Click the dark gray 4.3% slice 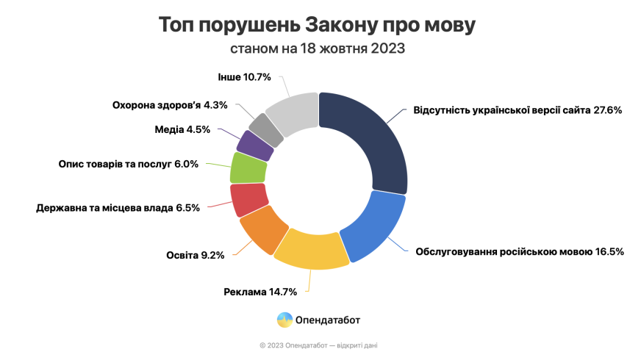point(267,129)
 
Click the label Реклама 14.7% point(260,292)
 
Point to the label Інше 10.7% point(245,77)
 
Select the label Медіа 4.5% point(182,130)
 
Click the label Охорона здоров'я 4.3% point(170,105)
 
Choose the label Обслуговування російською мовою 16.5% point(520,251)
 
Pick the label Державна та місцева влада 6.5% point(118,208)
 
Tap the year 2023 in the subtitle point(387,49)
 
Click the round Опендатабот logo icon point(284,320)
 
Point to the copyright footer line point(319,345)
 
